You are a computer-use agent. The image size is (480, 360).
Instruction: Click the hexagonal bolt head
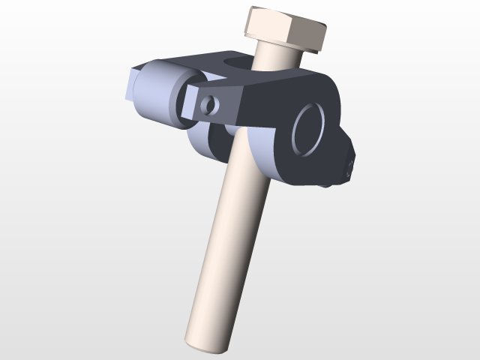[286, 30]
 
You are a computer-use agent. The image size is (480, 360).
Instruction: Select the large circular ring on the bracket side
[308, 130]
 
